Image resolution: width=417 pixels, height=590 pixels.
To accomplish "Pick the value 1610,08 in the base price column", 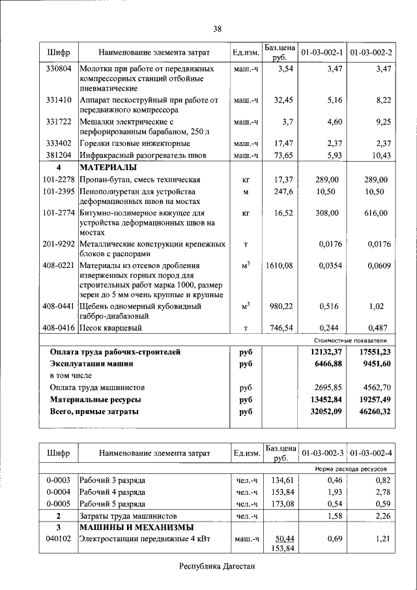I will tap(280, 265).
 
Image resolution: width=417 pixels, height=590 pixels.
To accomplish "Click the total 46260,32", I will tap(370, 411).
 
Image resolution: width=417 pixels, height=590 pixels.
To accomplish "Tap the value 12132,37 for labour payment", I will tap(322, 351).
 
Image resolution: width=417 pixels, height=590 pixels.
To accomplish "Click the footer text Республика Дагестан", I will tap(217, 566).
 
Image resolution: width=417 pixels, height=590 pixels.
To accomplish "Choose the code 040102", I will tap(59, 538).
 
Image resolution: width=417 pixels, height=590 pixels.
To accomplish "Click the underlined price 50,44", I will tap(283, 538).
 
